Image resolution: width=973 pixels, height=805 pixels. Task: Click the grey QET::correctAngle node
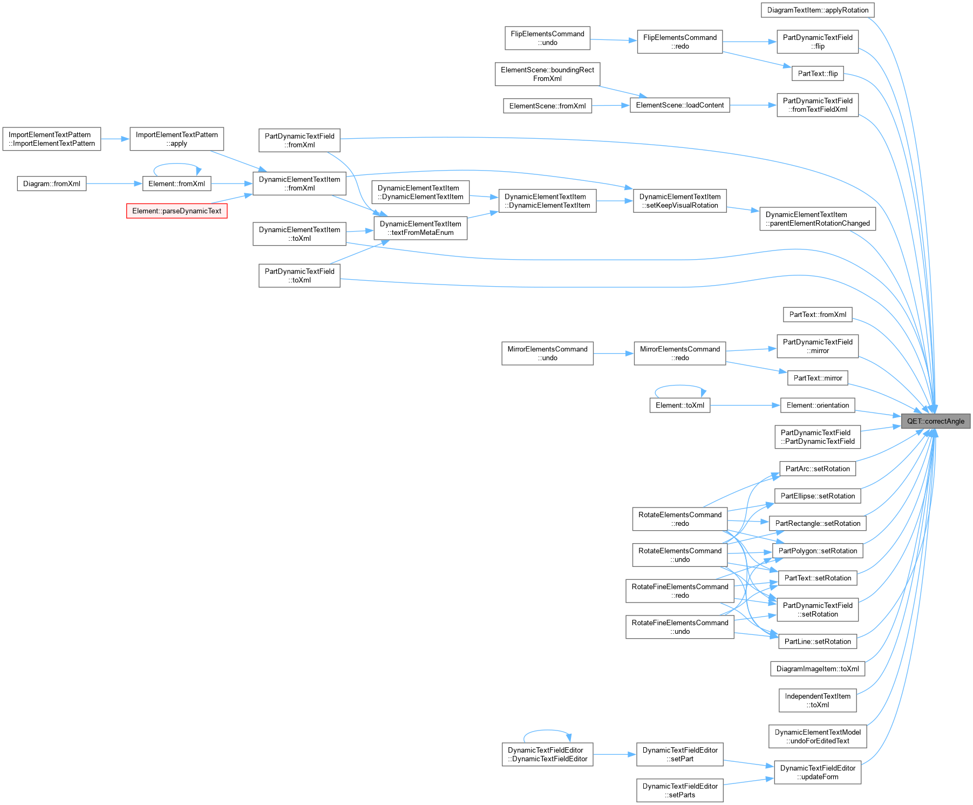pyautogui.click(x=935, y=421)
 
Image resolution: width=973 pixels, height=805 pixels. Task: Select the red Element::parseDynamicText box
pyautogui.click(x=176, y=211)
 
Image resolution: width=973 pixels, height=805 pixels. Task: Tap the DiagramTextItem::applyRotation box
pyautogui.click(x=818, y=10)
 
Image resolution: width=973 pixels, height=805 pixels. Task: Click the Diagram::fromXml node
pyautogui.click(x=52, y=184)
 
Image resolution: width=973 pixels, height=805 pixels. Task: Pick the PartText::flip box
pyautogui.click(x=818, y=73)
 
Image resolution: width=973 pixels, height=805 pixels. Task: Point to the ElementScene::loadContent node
pyautogui.click(x=680, y=105)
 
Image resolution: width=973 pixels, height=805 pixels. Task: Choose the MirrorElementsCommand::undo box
pyautogui.click(x=547, y=353)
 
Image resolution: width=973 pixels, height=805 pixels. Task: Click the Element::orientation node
pyautogui.click(x=818, y=405)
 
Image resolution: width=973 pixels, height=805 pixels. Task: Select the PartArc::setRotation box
pyautogui.click(x=818, y=469)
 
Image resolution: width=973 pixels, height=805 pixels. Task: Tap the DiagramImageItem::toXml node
pyautogui.click(x=818, y=668)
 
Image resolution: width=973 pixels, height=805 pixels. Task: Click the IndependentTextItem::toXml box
pyautogui.click(x=818, y=700)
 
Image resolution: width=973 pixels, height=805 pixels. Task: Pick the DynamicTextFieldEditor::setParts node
pyautogui.click(x=680, y=790)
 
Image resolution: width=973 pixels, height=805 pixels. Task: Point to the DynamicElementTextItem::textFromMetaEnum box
pyautogui.click(x=420, y=228)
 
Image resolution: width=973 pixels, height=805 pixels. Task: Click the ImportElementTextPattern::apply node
pyautogui.click(x=176, y=139)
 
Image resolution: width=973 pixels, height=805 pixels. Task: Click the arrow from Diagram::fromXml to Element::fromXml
pyautogui.click(x=114, y=184)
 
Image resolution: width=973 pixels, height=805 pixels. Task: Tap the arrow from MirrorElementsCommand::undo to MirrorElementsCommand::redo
pyautogui.click(x=614, y=353)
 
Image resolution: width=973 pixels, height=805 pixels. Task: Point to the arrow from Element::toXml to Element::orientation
pyautogui.click(x=745, y=405)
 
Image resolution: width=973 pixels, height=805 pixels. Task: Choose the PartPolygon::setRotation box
pyautogui.click(x=818, y=551)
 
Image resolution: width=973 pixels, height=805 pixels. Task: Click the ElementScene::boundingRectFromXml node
pyautogui.click(x=547, y=74)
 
